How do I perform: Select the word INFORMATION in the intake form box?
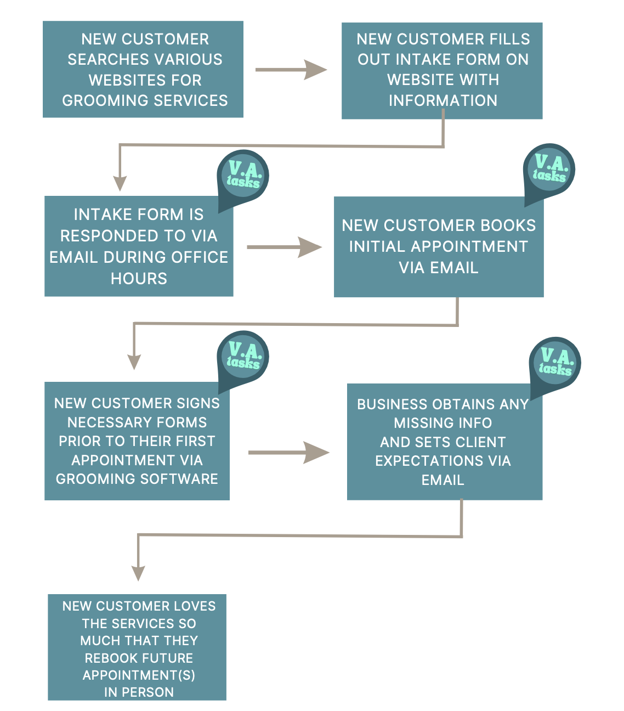443,100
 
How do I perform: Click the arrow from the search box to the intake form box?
291,70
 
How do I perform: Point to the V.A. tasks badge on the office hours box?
243,174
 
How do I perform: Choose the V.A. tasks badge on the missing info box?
555,362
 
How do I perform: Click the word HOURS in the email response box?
139,279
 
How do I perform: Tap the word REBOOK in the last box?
108,658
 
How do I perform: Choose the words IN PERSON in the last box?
139,692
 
